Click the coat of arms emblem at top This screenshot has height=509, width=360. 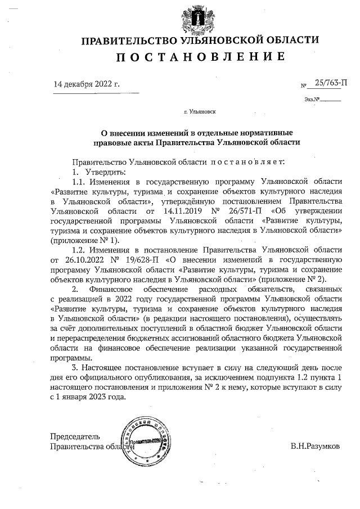(200, 17)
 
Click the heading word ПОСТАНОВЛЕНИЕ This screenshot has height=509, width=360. (200, 56)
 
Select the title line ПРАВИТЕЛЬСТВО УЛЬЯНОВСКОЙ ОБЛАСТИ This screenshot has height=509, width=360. (200, 40)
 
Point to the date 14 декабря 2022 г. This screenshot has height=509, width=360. (87, 84)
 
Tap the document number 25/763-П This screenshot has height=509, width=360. (330, 83)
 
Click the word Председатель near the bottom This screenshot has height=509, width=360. (75, 436)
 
